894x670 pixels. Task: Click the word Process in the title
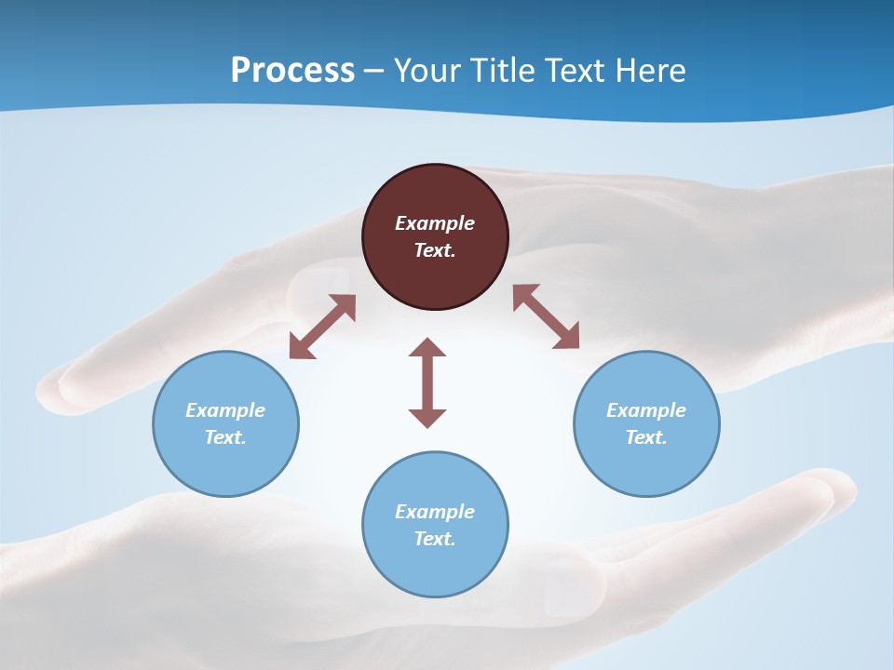coord(292,71)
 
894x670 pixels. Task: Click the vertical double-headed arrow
coord(427,382)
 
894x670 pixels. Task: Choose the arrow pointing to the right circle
coord(547,316)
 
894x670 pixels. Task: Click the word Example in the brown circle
coord(435,223)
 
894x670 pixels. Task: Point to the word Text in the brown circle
coord(435,250)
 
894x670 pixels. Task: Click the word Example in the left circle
coord(225,410)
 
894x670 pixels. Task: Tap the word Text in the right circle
coord(646,437)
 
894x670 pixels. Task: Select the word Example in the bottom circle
coord(435,512)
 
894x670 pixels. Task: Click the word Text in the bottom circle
coord(435,539)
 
